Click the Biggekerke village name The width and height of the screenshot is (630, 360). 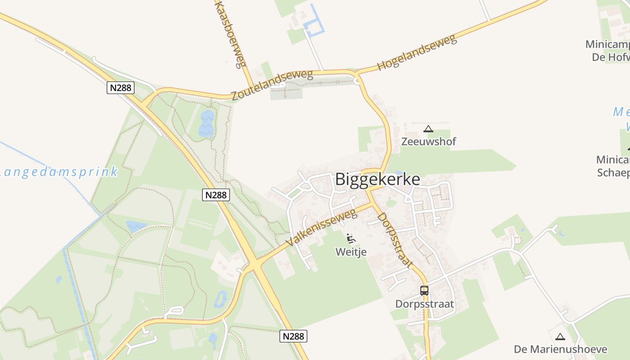tap(378, 179)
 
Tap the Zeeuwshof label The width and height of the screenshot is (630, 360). tap(428, 142)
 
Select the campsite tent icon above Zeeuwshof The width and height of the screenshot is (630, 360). tap(428, 129)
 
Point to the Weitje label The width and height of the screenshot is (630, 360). tap(351, 252)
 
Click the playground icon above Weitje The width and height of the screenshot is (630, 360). tap(351, 238)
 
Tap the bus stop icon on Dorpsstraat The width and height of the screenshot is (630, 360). tap(424, 291)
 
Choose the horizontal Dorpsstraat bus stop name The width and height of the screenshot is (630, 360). tap(424, 304)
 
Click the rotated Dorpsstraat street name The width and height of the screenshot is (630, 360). tap(395, 240)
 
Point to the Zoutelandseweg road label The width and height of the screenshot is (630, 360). tap(272, 85)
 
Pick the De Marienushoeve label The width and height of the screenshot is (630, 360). tap(560, 349)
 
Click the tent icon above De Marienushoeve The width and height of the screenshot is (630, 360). tap(560, 337)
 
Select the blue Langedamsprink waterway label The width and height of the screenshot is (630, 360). tap(58, 172)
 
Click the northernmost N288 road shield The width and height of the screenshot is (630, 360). tap(121, 87)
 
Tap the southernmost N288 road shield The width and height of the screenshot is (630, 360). tap(293, 336)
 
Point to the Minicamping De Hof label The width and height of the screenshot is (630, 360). tap(607, 51)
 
